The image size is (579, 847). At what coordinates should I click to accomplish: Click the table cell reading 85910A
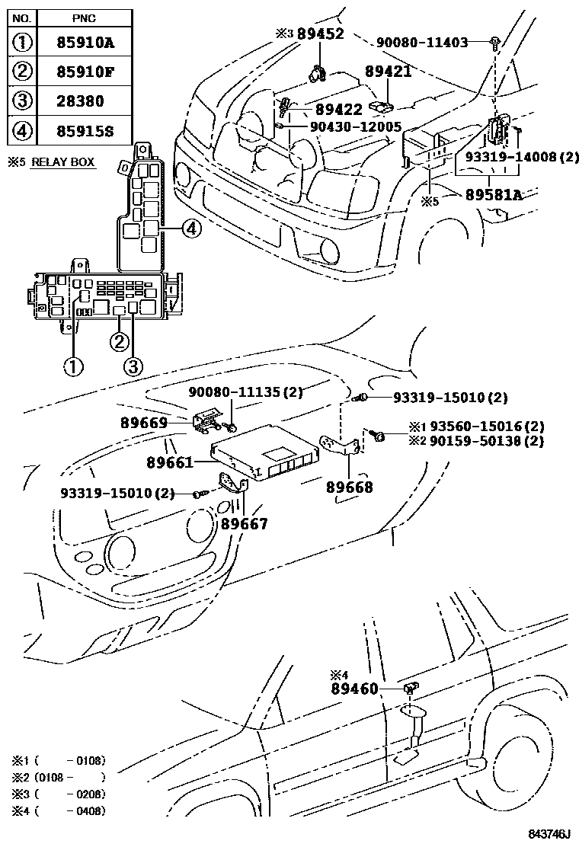pos(84,43)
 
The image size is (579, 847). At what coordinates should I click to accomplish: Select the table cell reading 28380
pos(84,101)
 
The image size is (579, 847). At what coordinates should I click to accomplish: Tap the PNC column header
pos(84,15)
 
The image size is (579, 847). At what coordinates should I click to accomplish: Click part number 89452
pos(320,34)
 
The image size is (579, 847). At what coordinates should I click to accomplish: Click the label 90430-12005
pos(355,126)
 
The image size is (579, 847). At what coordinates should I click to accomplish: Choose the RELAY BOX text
pos(63,162)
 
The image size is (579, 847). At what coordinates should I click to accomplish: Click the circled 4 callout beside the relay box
pos(192,226)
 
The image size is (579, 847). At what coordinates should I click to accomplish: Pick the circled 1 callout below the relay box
pos(72,366)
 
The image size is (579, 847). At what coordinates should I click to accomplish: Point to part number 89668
pos(350,487)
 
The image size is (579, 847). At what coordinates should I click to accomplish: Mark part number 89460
pos(354,689)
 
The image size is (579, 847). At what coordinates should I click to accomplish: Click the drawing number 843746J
pos(550,836)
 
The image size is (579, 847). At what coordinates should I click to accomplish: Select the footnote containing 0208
pos(58,794)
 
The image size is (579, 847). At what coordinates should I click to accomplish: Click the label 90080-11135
pos(245,392)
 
